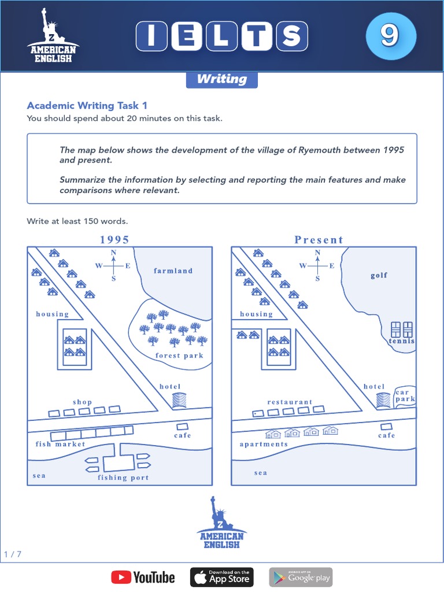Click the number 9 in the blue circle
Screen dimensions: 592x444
click(x=390, y=35)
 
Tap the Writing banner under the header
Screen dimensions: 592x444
click(x=221, y=79)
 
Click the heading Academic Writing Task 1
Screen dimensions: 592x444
click(x=87, y=105)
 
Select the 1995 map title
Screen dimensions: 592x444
click(x=114, y=239)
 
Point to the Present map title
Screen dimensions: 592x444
click(x=319, y=239)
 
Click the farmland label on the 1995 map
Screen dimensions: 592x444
click(x=173, y=271)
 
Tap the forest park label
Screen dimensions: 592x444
click(x=179, y=356)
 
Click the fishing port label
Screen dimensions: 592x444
click(x=123, y=478)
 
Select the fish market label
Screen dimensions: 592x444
click(x=60, y=444)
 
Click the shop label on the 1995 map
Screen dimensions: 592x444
click(x=82, y=402)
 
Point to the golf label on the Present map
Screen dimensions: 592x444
click(x=379, y=275)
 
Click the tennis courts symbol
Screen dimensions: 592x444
click(x=402, y=330)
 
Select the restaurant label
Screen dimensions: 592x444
click(x=290, y=402)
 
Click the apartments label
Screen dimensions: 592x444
click(x=264, y=444)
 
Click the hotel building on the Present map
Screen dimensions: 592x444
click(x=383, y=399)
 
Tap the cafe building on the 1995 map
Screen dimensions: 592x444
click(x=183, y=426)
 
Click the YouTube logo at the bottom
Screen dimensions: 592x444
click(x=143, y=577)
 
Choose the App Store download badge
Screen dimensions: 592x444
click(x=222, y=577)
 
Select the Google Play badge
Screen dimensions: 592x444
click(x=301, y=577)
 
